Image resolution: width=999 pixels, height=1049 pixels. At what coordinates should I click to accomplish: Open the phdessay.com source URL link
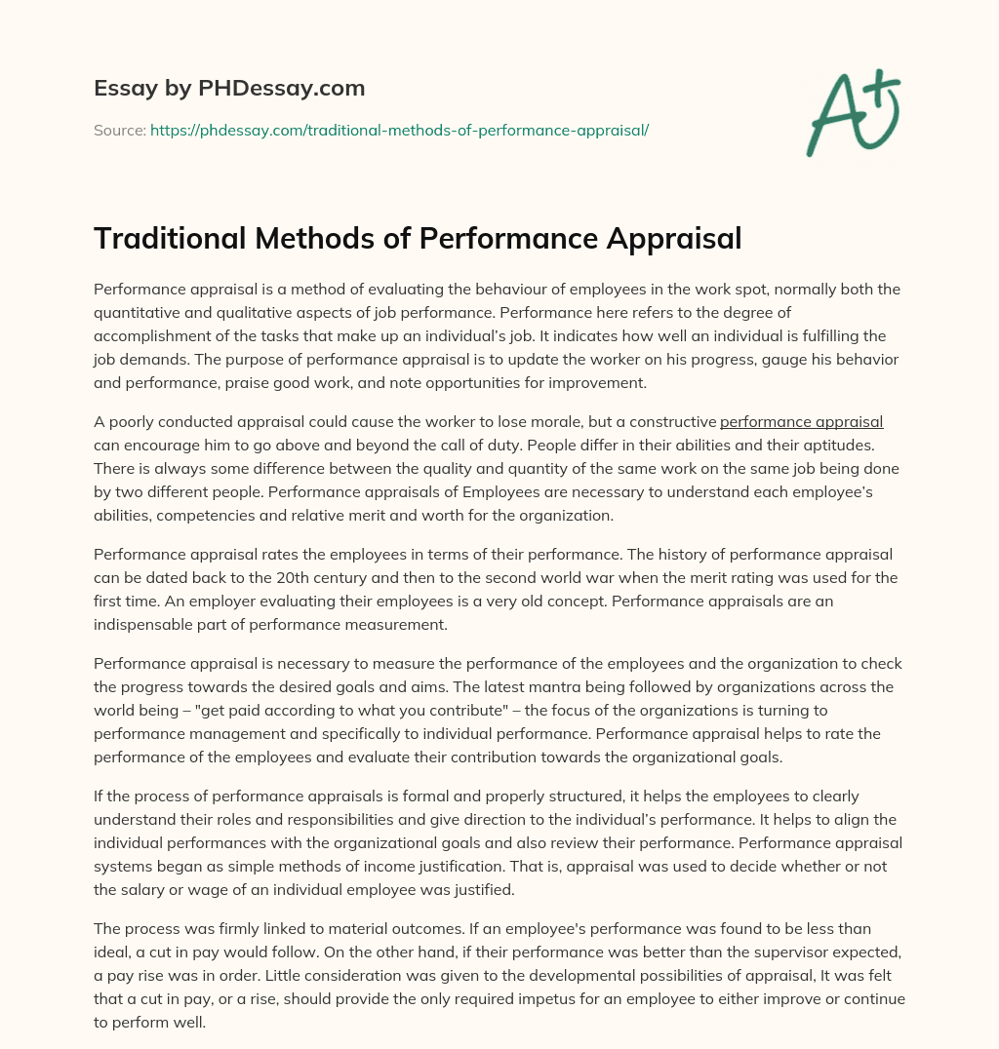pyautogui.click(x=399, y=129)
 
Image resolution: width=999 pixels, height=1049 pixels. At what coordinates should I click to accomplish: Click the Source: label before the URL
pyautogui.click(x=120, y=129)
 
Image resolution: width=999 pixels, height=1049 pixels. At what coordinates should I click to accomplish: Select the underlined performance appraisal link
pyautogui.click(x=801, y=422)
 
